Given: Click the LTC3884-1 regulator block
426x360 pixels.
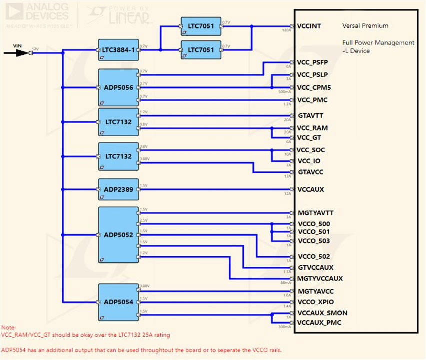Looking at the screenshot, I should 118,50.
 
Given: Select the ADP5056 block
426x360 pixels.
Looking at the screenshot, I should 118,88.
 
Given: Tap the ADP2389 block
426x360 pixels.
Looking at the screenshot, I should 118,189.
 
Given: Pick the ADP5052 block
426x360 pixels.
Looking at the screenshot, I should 118,234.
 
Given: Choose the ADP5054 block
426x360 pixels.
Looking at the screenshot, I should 118,302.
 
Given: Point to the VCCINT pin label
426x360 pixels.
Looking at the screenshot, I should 309,26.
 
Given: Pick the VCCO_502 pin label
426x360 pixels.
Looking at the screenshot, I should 314,257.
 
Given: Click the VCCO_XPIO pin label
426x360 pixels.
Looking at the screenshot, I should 315,302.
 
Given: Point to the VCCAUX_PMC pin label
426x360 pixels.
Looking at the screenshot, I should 319,322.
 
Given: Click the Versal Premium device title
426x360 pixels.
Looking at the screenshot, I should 365,26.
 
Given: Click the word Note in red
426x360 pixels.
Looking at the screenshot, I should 8,327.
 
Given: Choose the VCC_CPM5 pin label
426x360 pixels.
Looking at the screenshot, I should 314,88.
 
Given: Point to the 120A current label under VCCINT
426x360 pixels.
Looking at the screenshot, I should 286,30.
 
